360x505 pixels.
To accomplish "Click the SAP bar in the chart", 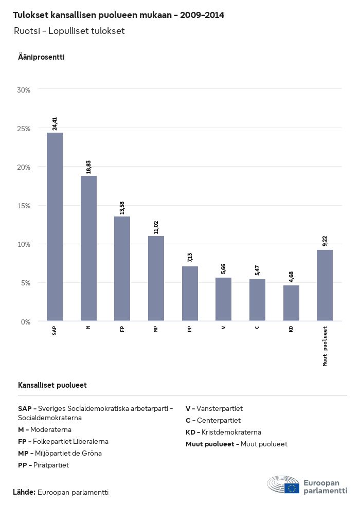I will (55, 227).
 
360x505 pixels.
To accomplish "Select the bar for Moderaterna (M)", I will (88, 248).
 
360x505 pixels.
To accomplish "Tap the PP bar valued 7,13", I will (190, 294).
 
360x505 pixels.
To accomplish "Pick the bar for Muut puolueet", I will (325, 285).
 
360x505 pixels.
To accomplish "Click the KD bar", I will (291, 303).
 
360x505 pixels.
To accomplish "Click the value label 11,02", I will (156, 226).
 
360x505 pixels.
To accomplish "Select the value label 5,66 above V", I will (224, 268).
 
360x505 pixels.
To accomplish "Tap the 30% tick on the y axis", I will (24, 90).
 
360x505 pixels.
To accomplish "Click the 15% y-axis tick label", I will (24, 206).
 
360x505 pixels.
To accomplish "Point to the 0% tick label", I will (26, 322).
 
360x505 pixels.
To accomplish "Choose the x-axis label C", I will (257, 328).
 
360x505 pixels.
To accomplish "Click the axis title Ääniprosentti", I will (41, 57).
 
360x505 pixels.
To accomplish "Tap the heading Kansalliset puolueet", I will (52, 385).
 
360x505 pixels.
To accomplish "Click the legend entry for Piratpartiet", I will (44, 465).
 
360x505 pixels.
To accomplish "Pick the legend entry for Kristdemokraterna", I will (223, 432).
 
